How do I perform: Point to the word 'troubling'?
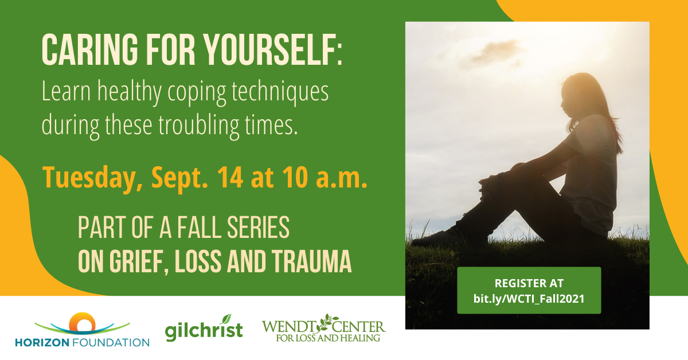point(199,126)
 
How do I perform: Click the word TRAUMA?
point(311,261)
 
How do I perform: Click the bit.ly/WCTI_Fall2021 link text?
point(529,299)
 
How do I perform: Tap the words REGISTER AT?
point(529,283)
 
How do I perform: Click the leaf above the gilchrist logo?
point(226,319)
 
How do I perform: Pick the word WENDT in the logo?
point(290,327)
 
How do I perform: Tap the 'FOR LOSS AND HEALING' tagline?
point(328,338)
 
